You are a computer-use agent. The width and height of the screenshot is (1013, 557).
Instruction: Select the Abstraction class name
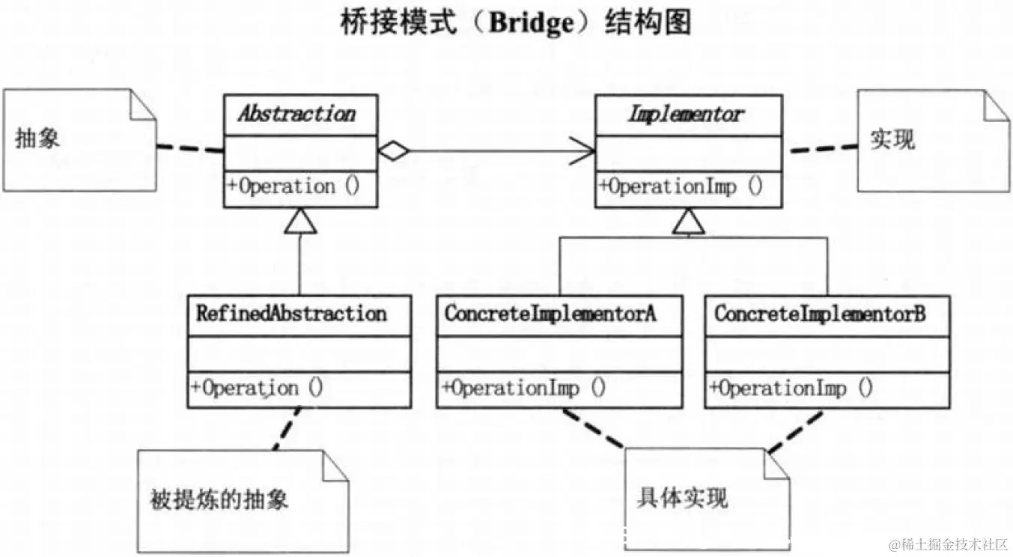[x=296, y=115]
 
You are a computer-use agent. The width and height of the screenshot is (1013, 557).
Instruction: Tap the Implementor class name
[x=686, y=115]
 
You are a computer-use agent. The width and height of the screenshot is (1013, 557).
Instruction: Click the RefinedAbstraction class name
[x=291, y=313]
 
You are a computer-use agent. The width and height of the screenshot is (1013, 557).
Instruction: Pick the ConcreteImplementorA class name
[x=550, y=314]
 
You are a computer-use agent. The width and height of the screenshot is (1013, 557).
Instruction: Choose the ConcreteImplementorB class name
[x=820, y=314]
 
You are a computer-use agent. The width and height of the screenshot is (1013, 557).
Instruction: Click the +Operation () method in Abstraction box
[x=293, y=186]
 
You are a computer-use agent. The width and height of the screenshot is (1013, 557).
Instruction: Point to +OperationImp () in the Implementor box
[x=681, y=186]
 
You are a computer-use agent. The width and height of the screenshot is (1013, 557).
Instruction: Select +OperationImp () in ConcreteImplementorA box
[x=524, y=388]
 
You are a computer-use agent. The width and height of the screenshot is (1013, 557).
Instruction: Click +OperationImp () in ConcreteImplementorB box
[x=791, y=389]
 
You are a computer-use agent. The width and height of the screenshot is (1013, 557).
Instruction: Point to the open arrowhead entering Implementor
[x=584, y=151]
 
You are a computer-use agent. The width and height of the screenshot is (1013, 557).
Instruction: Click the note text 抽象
[x=37, y=139]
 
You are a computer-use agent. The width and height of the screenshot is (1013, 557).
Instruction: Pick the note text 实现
[x=892, y=139]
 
